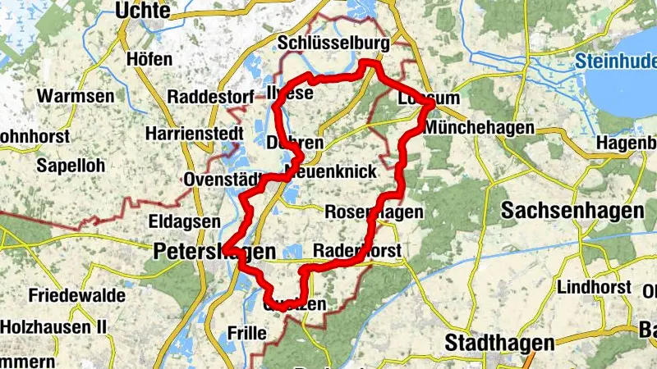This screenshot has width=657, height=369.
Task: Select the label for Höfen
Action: [x=149, y=59]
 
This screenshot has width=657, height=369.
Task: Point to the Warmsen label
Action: [x=76, y=96]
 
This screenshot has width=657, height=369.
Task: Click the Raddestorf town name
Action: [x=210, y=97]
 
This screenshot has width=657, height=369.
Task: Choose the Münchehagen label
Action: [x=480, y=128]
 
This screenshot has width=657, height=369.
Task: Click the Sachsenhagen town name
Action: [x=572, y=211]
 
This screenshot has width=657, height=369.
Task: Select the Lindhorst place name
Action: [x=594, y=287]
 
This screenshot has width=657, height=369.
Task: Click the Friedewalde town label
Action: [x=76, y=294]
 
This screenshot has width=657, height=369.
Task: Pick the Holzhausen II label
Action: [x=54, y=326]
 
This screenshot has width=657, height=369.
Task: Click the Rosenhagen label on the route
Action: [x=374, y=212]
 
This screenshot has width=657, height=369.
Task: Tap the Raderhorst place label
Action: [x=356, y=250]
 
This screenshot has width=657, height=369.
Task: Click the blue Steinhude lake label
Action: [x=615, y=60]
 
